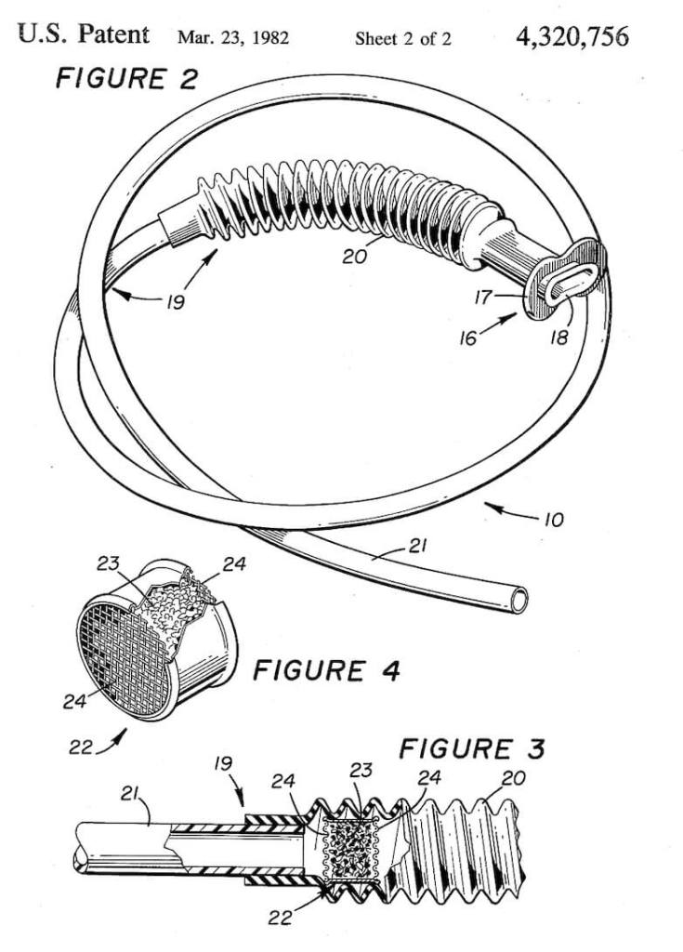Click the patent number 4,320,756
click(571, 37)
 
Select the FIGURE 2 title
click(126, 79)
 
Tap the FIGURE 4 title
click(326, 671)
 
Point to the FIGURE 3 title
click(472, 748)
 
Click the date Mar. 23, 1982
click(233, 38)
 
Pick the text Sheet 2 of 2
click(403, 39)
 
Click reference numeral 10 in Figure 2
click(553, 520)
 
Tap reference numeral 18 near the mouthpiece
click(558, 337)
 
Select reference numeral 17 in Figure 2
click(483, 297)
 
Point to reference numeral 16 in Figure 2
click(468, 337)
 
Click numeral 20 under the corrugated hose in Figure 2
click(355, 257)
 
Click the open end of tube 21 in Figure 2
click(519, 601)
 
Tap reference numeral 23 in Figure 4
click(108, 564)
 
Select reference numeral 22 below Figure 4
click(80, 747)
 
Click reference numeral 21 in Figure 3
click(129, 794)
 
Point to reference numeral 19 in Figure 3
click(223, 763)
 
